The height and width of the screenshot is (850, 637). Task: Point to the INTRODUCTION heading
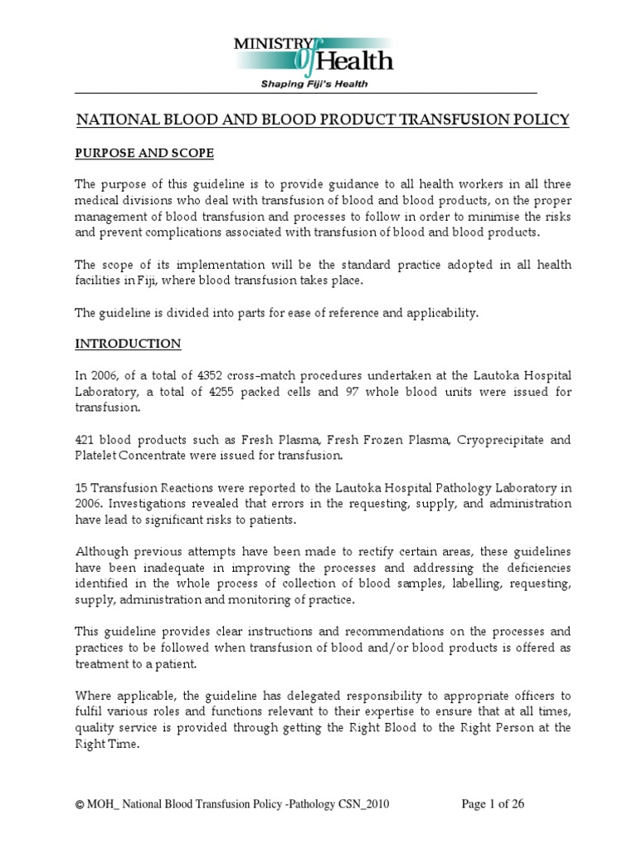129,343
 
